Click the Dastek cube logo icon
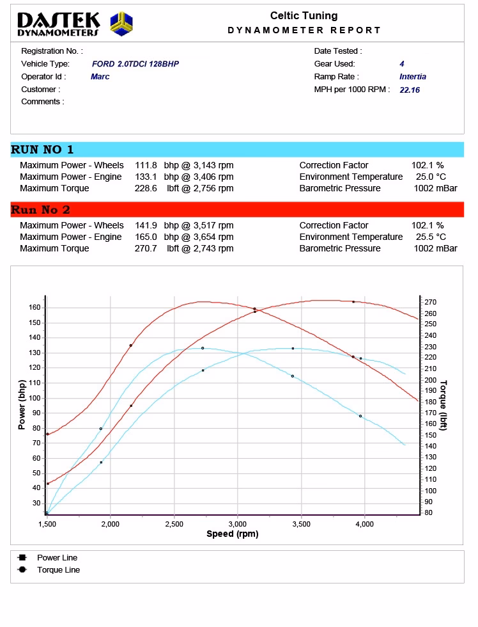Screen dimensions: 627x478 [x=121, y=24]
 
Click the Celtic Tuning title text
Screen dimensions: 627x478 [x=304, y=16]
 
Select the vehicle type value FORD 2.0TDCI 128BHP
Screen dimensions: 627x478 [x=135, y=64]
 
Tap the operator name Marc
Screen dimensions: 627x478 [x=100, y=77]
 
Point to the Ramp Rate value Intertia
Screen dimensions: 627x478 [x=413, y=77]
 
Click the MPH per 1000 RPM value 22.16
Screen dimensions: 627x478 [x=410, y=90]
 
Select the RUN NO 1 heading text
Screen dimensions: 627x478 [x=42, y=150]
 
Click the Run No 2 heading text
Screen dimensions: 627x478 [x=41, y=210]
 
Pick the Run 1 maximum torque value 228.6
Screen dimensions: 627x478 [x=146, y=189]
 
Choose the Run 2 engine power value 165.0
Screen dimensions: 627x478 [x=146, y=237]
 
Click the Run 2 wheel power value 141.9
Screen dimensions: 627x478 [x=146, y=226]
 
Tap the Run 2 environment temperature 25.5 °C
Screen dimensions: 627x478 [x=429, y=237]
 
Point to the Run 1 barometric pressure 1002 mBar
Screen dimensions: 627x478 [x=435, y=189]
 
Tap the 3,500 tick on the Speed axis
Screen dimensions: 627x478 [x=301, y=524]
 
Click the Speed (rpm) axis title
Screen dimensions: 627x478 [x=233, y=534]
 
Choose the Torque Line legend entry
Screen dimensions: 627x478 [x=58, y=570]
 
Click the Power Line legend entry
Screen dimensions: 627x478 [x=57, y=558]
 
